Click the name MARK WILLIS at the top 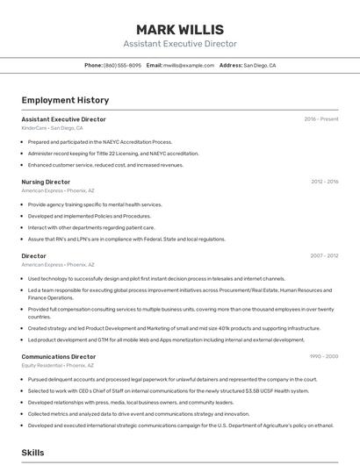[x=180, y=29]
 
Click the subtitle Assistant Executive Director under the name [x=180, y=44]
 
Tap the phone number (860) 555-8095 [x=122, y=65]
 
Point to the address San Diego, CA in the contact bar [x=259, y=65]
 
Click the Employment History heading [x=65, y=100]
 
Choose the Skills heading [x=33, y=453]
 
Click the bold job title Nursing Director [x=46, y=182]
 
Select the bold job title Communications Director [x=59, y=357]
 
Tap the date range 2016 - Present [x=321, y=118]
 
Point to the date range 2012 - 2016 [x=324, y=182]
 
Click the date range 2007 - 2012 [x=324, y=255]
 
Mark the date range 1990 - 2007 [x=324, y=357]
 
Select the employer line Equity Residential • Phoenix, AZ [x=59, y=366]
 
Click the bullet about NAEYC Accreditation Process [x=100, y=141]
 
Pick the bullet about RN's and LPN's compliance [x=126, y=239]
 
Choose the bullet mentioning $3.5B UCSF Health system [x=169, y=390]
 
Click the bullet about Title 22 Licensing [x=113, y=153]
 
